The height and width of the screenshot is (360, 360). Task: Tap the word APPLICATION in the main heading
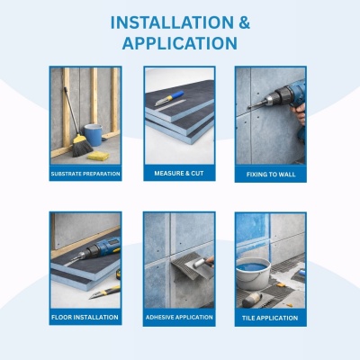[x=180, y=43]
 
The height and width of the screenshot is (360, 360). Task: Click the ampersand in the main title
[x=245, y=22]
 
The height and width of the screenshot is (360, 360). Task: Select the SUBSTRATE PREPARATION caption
[x=85, y=174]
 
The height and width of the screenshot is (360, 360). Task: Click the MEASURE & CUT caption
[x=179, y=174]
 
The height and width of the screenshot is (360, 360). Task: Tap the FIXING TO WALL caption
[x=271, y=175]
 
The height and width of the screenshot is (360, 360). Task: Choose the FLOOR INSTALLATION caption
[x=85, y=318]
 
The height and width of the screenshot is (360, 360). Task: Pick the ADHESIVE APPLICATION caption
[x=179, y=317]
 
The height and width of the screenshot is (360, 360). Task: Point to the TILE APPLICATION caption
[x=270, y=318]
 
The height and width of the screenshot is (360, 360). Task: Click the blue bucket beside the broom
[x=94, y=135]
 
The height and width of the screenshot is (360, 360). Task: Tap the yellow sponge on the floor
[x=98, y=156]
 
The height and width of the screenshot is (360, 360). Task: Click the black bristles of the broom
[x=82, y=148]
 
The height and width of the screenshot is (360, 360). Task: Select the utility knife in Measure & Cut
[x=169, y=98]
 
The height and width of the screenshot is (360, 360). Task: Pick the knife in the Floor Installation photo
[x=104, y=292]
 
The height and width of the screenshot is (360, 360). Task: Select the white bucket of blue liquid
[x=253, y=273]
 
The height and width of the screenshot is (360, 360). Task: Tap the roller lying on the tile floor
[x=252, y=300]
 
